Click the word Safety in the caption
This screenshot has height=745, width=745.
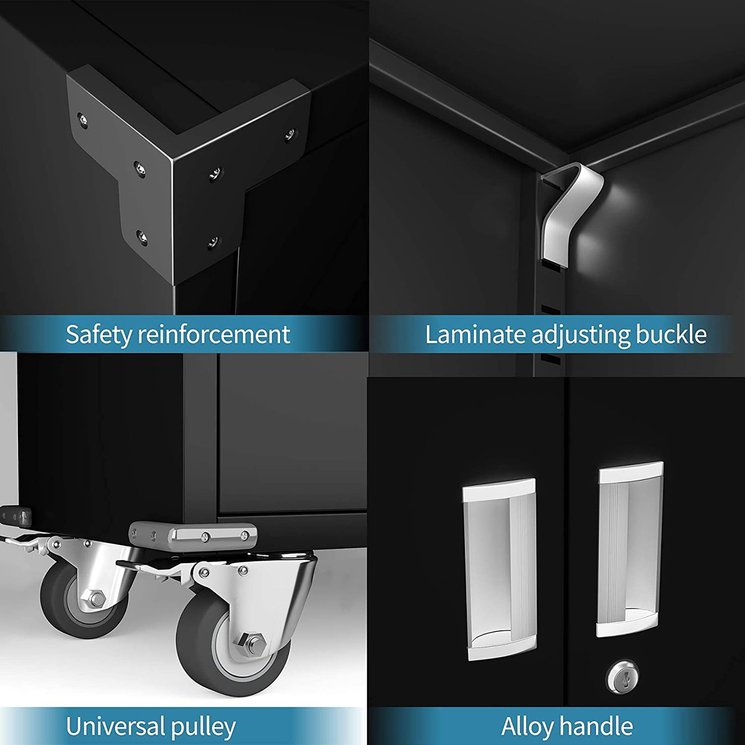[x=99, y=335]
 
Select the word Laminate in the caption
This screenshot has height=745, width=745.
[x=475, y=335]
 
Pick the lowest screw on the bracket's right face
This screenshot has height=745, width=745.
[x=213, y=242]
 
